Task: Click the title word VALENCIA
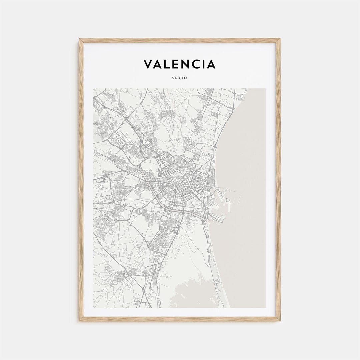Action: tap(180, 64)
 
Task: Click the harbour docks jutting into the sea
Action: tap(222, 200)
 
